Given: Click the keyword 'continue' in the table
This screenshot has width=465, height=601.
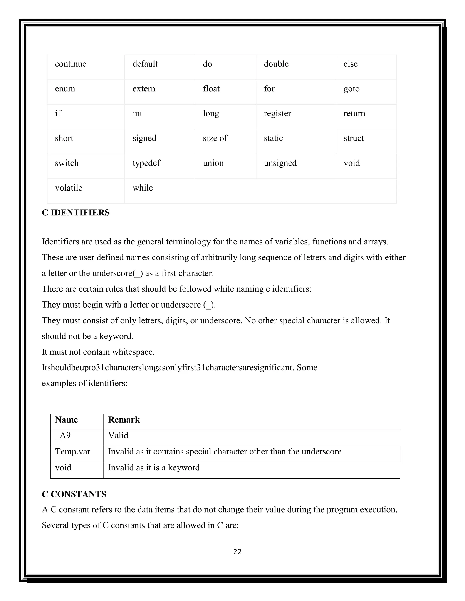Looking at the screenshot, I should pos(71,64).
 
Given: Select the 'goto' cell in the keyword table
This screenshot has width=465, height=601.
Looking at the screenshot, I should pos(351,89).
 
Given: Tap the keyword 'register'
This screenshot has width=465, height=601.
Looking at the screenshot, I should pos(277,114).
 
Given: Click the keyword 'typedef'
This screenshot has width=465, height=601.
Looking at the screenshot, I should pos(146,163).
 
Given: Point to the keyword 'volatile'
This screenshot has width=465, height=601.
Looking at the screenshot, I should pos(69,188).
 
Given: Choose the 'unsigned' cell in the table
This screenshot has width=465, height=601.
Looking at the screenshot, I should pos(280,163).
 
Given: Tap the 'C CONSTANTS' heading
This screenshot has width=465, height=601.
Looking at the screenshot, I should pos(74,494).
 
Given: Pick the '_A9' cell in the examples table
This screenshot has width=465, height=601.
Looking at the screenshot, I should pos(63,436).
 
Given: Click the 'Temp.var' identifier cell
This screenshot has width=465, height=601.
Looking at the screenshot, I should pos(72,452).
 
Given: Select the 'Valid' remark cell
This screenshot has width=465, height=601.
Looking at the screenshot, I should pos(118,436).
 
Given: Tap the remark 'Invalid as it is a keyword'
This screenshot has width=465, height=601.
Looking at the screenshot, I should pos(154,468).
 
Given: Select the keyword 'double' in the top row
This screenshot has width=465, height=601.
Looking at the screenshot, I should pos(276,64).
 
